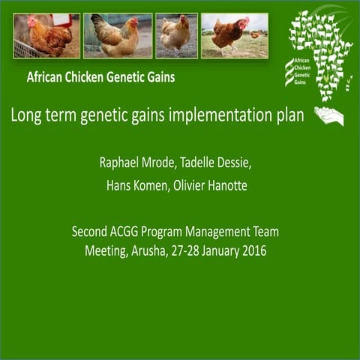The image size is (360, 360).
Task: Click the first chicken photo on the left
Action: coord(46,35)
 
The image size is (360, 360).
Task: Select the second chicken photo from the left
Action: coord(117,35)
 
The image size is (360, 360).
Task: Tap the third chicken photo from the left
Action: coord(176,35)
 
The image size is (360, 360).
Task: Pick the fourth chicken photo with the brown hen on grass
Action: coord(235,35)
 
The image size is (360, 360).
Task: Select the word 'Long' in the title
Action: coord(25,115)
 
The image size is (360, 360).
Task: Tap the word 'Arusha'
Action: coord(150,250)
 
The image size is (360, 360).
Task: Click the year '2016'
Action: coord(253,250)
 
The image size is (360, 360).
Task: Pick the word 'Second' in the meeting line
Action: coord(90,232)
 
